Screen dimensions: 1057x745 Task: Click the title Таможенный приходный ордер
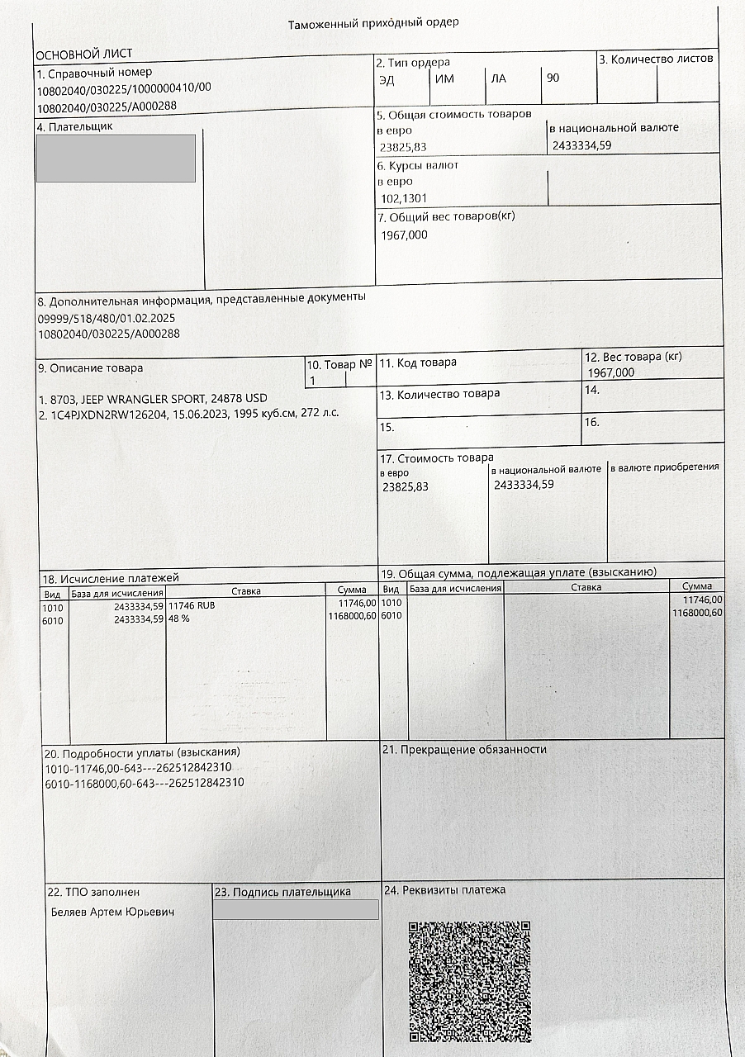tap(372, 23)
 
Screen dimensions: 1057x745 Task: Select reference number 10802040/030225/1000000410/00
tap(124, 88)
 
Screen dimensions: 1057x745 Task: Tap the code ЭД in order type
tap(387, 79)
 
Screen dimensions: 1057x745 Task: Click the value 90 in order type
tap(553, 78)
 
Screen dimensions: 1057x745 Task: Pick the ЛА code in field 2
tap(498, 79)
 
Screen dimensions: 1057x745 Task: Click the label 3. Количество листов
tap(656, 59)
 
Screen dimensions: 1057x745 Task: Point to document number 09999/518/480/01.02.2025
tap(107, 318)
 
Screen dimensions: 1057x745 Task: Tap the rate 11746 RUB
tap(192, 604)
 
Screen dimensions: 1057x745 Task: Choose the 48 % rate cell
tap(180, 616)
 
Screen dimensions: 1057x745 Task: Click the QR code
tap(469, 981)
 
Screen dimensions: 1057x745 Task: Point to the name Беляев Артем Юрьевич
tap(112, 912)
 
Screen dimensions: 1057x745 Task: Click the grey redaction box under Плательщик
tap(116, 158)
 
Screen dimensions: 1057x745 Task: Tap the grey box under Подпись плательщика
tap(296, 909)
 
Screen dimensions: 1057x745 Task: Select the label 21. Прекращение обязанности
tap(464, 749)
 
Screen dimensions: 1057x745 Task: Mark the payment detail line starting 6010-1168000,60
tap(144, 783)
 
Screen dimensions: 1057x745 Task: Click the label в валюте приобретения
tap(665, 467)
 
